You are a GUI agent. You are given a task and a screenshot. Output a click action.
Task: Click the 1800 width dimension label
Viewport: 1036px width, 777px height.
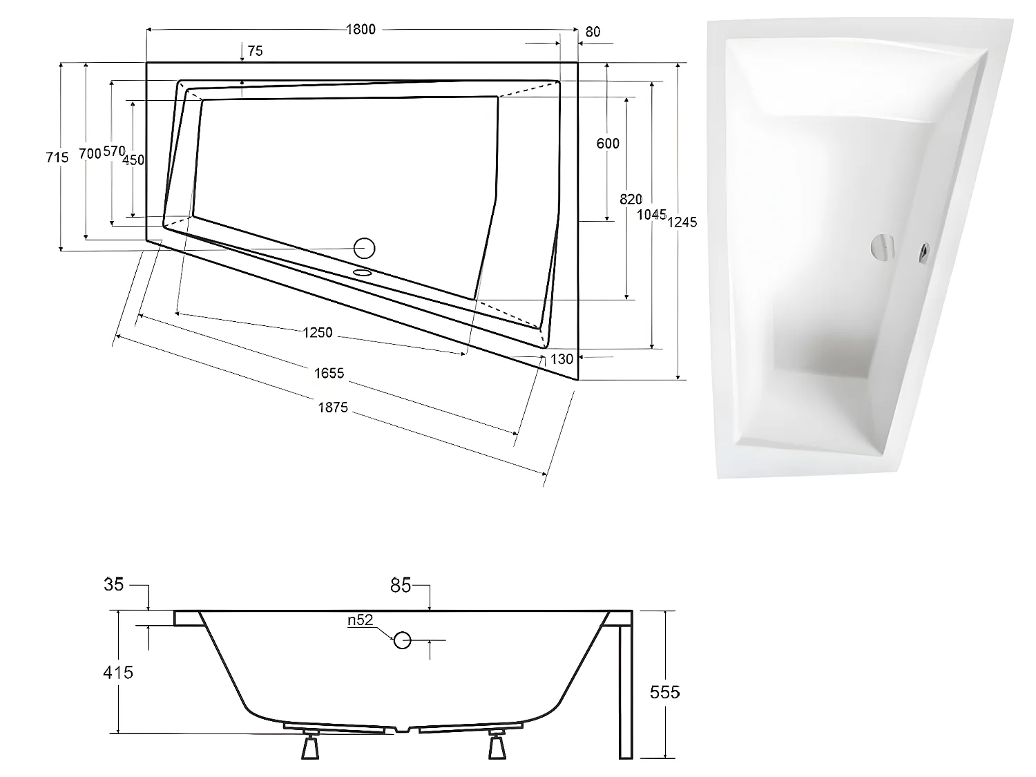tap(361, 29)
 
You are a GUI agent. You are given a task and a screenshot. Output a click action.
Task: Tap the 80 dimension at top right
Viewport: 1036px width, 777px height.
tap(593, 32)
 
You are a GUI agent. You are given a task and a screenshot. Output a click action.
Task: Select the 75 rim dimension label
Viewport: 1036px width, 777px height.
tap(255, 51)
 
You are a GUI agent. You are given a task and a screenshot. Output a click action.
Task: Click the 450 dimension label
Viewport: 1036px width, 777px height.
tap(133, 160)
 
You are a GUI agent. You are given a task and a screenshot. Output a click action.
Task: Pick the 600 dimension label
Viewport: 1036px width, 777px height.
tap(608, 144)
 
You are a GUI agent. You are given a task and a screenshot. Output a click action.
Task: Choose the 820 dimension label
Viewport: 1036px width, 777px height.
tap(631, 199)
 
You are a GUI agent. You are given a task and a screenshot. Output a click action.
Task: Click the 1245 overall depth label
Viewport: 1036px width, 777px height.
tap(682, 222)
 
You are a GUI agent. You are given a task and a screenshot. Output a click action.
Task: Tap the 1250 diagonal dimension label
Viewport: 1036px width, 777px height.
tap(318, 332)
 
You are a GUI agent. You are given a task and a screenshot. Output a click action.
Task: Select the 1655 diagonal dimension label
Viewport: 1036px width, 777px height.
tap(329, 373)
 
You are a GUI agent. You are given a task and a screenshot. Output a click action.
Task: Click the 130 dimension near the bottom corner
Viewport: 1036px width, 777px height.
tap(562, 359)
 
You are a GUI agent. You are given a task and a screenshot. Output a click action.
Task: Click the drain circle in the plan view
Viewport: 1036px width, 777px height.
tap(364, 247)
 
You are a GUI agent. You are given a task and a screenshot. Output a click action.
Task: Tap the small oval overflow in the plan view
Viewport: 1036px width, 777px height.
tap(363, 272)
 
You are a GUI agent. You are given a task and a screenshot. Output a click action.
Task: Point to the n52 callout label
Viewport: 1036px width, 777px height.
tap(360, 620)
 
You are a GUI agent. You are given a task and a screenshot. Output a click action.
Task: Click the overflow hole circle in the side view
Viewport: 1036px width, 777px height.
tap(403, 640)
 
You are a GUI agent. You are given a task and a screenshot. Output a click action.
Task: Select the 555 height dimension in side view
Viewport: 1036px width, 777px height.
tap(664, 691)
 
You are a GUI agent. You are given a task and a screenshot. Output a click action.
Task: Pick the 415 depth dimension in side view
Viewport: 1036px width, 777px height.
tap(118, 671)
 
